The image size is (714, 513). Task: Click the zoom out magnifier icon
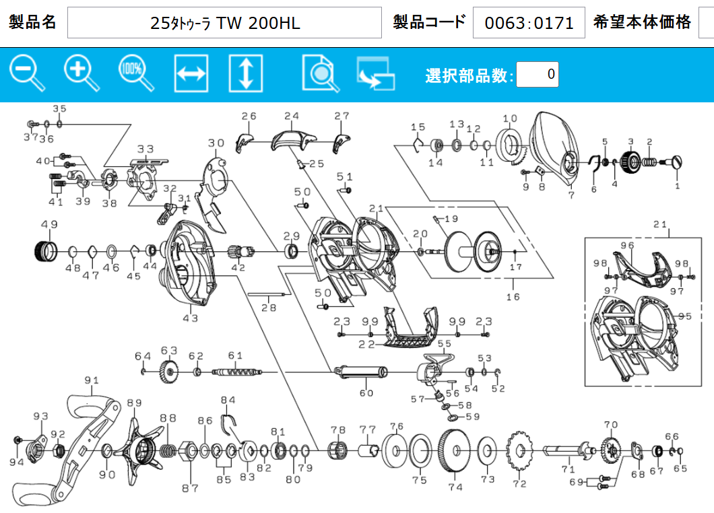pyautogui.click(x=27, y=73)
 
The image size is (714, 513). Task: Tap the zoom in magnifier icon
pyautogui.click(x=82, y=73)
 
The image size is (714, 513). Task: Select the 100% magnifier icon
pyautogui.click(x=136, y=73)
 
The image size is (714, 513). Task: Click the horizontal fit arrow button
pyautogui.click(x=191, y=73)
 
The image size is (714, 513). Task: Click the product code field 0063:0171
pyautogui.click(x=529, y=23)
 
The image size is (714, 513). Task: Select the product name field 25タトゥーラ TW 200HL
pyautogui.click(x=224, y=23)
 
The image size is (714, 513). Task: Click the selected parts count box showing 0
pyautogui.click(x=538, y=74)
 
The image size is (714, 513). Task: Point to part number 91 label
pyautogui.click(x=92, y=380)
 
